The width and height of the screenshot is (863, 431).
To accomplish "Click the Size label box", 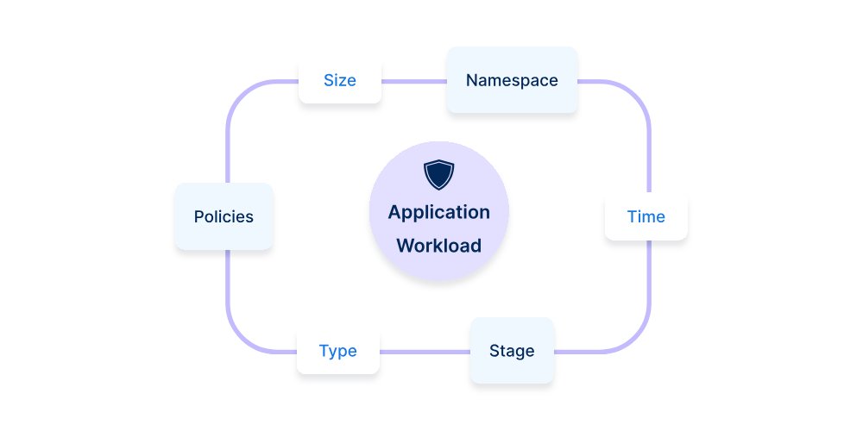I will point(340,81).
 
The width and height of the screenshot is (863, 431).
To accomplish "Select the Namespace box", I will point(512,81).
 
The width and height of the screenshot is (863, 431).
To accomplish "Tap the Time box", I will point(646,216).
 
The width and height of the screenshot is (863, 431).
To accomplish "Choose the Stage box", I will point(512,351).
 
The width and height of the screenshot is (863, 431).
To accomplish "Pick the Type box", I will point(337,351).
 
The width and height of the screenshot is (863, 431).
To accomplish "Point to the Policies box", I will point(224,216).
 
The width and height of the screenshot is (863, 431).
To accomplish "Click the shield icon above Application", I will point(438,174).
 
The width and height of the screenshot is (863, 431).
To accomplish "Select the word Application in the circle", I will point(438,212).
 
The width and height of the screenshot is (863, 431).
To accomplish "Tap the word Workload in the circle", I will point(438,246).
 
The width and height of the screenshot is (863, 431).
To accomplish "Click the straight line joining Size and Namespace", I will point(413,82).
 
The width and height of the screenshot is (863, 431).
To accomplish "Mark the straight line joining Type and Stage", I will point(425,352).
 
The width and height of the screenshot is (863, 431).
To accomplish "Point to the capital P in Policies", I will point(199,216).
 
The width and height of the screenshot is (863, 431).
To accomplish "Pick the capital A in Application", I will point(394,212).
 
